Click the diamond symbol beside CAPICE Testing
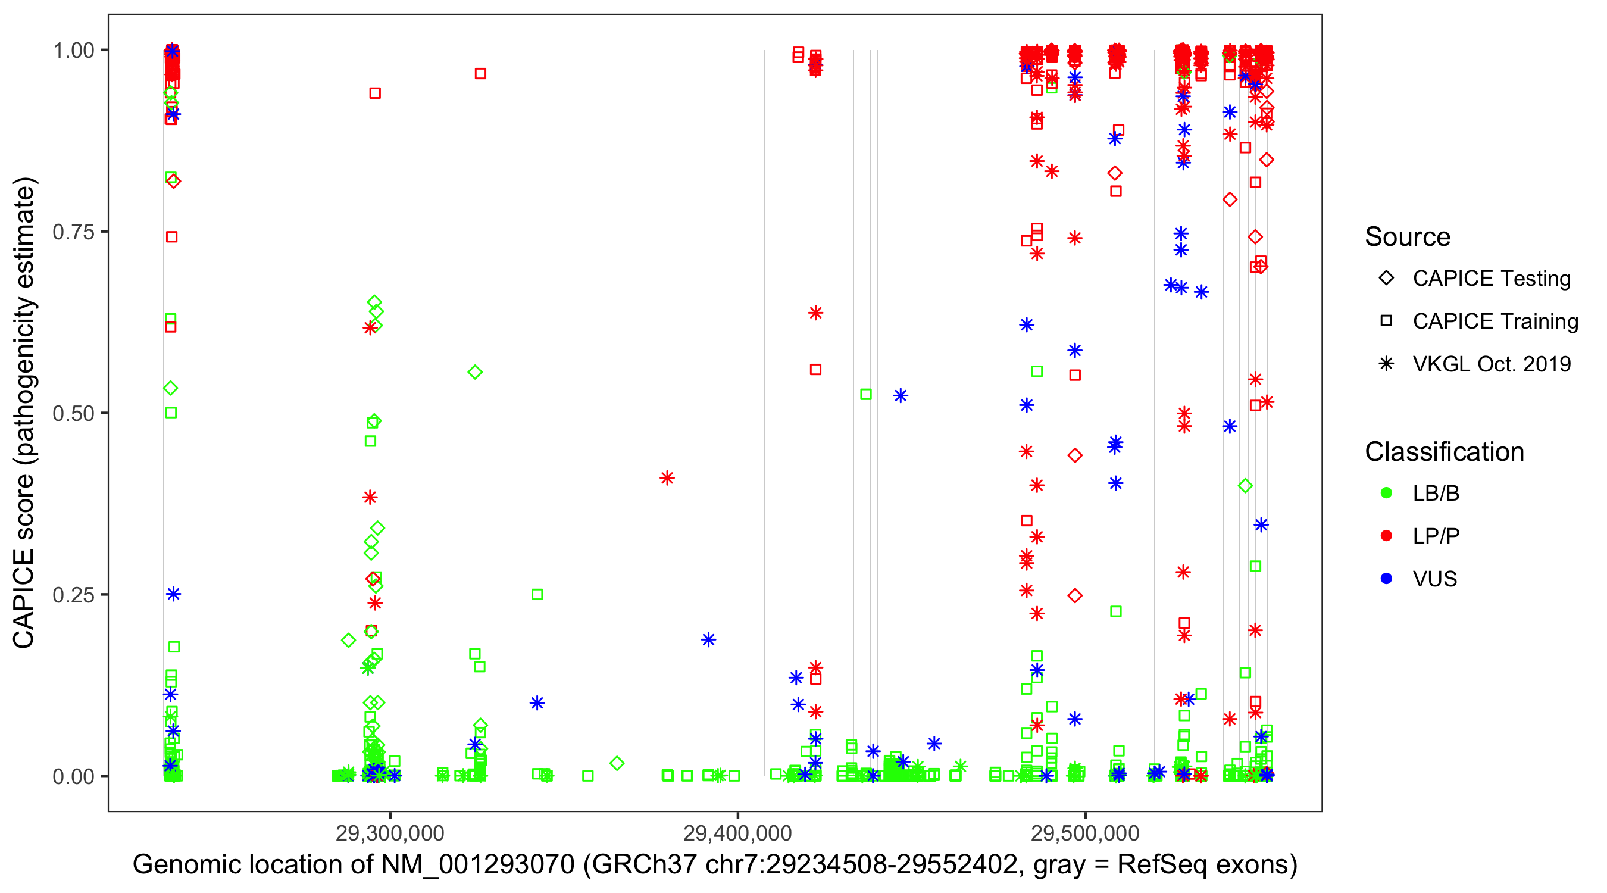(x=1386, y=279)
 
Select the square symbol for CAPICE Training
(x=1386, y=321)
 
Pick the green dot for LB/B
(x=1386, y=493)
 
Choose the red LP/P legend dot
(x=1386, y=536)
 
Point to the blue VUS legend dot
(x=1386, y=579)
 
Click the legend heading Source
(x=1408, y=237)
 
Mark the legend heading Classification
(x=1444, y=452)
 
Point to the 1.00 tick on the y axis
(x=73, y=51)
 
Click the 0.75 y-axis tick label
(x=73, y=232)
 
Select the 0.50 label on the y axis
(x=73, y=413)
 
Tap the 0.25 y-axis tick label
(x=73, y=595)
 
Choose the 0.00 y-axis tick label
(x=73, y=776)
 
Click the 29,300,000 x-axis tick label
(x=390, y=832)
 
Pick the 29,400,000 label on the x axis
(x=737, y=832)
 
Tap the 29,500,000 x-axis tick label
(x=1085, y=832)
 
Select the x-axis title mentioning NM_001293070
(x=715, y=865)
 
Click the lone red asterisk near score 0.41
(x=667, y=479)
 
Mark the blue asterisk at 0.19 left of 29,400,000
(x=708, y=639)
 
